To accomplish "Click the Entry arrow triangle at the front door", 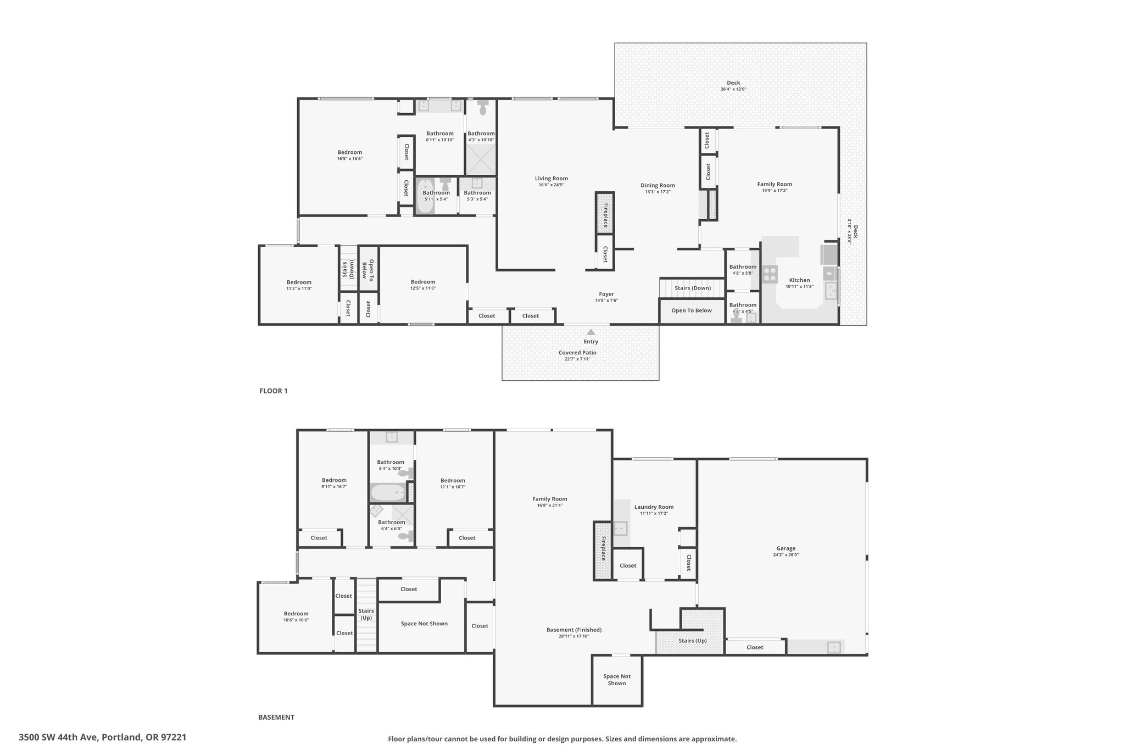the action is pyautogui.click(x=591, y=332).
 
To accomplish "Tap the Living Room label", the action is pyautogui.click(x=552, y=178).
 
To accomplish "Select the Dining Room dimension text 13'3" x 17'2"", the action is pyautogui.click(x=658, y=192).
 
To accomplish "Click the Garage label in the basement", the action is pyautogui.click(x=786, y=548).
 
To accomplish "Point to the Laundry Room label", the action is pyautogui.click(x=654, y=507).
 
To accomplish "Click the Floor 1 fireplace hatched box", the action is pyautogui.click(x=605, y=213).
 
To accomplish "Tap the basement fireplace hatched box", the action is pyautogui.click(x=602, y=551).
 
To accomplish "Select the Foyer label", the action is pyautogui.click(x=606, y=294).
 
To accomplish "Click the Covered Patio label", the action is pyautogui.click(x=577, y=353).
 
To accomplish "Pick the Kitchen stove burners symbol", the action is pyautogui.click(x=770, y=274).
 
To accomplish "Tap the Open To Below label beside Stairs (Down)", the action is pyautogui.click(x=692, y=310).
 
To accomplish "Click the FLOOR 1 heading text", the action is pyautogui.click(x=274, y=391).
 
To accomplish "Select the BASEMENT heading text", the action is pyautogui.click(x=276, y=717).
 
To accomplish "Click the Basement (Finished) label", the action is pyautogui.click(x=574, y=630).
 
